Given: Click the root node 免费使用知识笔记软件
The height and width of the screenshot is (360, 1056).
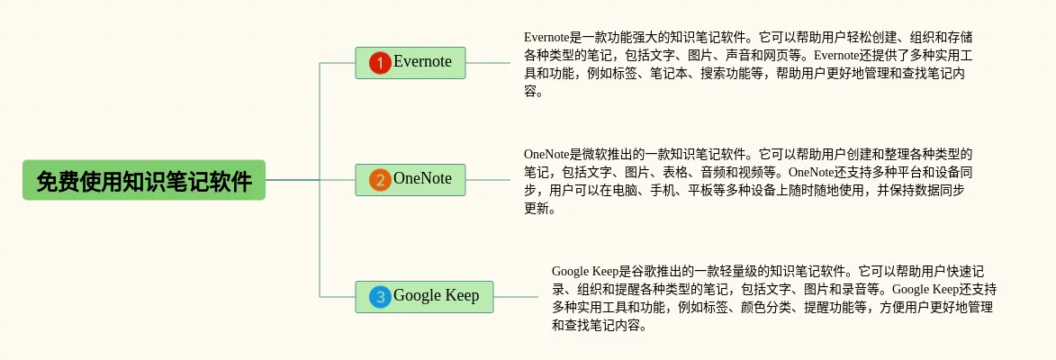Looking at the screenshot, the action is click(x=144, y=180).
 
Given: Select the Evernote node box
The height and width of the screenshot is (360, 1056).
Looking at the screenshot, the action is click(x=411, y=63).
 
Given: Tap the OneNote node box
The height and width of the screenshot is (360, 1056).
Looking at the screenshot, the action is click(x=411, y=180).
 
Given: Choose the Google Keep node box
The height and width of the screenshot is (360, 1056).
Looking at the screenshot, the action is click(x=424, y=296).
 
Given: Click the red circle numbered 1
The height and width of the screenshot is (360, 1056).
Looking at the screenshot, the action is click(x=381, y=63).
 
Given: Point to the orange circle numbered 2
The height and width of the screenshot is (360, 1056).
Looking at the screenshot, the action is click(x=381, y=180).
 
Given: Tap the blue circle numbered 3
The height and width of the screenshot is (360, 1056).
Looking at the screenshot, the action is click(x=381, y=297).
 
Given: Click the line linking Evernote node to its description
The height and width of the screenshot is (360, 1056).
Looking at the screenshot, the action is click(x=488, y=63).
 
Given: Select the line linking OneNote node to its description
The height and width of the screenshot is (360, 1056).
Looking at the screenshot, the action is click(x=488, y=180).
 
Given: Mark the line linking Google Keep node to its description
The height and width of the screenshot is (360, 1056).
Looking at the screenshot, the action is click(x=516, y=296).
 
